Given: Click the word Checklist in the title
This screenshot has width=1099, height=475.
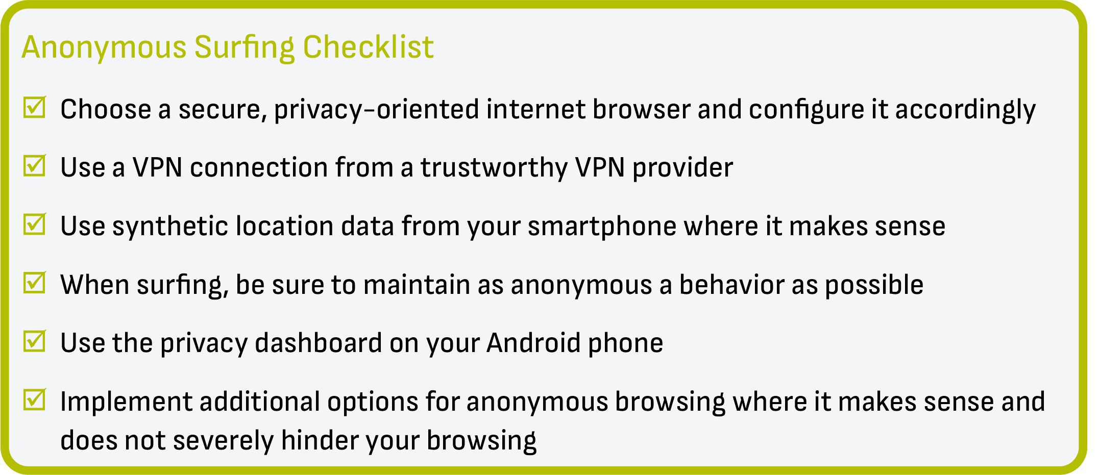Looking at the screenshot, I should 368,47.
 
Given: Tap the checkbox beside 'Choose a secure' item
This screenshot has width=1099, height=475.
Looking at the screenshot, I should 34,107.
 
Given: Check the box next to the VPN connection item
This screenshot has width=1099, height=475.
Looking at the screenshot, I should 34,166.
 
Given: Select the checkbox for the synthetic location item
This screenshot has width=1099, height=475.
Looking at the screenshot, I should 34,224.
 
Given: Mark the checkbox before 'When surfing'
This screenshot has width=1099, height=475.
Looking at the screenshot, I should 34,283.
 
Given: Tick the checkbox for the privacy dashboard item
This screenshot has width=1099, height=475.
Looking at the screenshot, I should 34,341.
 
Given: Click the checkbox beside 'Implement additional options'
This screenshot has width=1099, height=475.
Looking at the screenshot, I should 34,399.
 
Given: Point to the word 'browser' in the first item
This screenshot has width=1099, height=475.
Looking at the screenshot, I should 641,109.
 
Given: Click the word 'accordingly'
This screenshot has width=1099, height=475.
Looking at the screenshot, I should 965,110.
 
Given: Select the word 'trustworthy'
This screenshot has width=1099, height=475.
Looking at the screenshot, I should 494,168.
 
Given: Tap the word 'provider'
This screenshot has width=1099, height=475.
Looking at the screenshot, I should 682,168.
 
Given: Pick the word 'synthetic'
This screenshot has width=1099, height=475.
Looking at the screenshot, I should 170,227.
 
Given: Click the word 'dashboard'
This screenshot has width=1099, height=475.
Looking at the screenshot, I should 318,343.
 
